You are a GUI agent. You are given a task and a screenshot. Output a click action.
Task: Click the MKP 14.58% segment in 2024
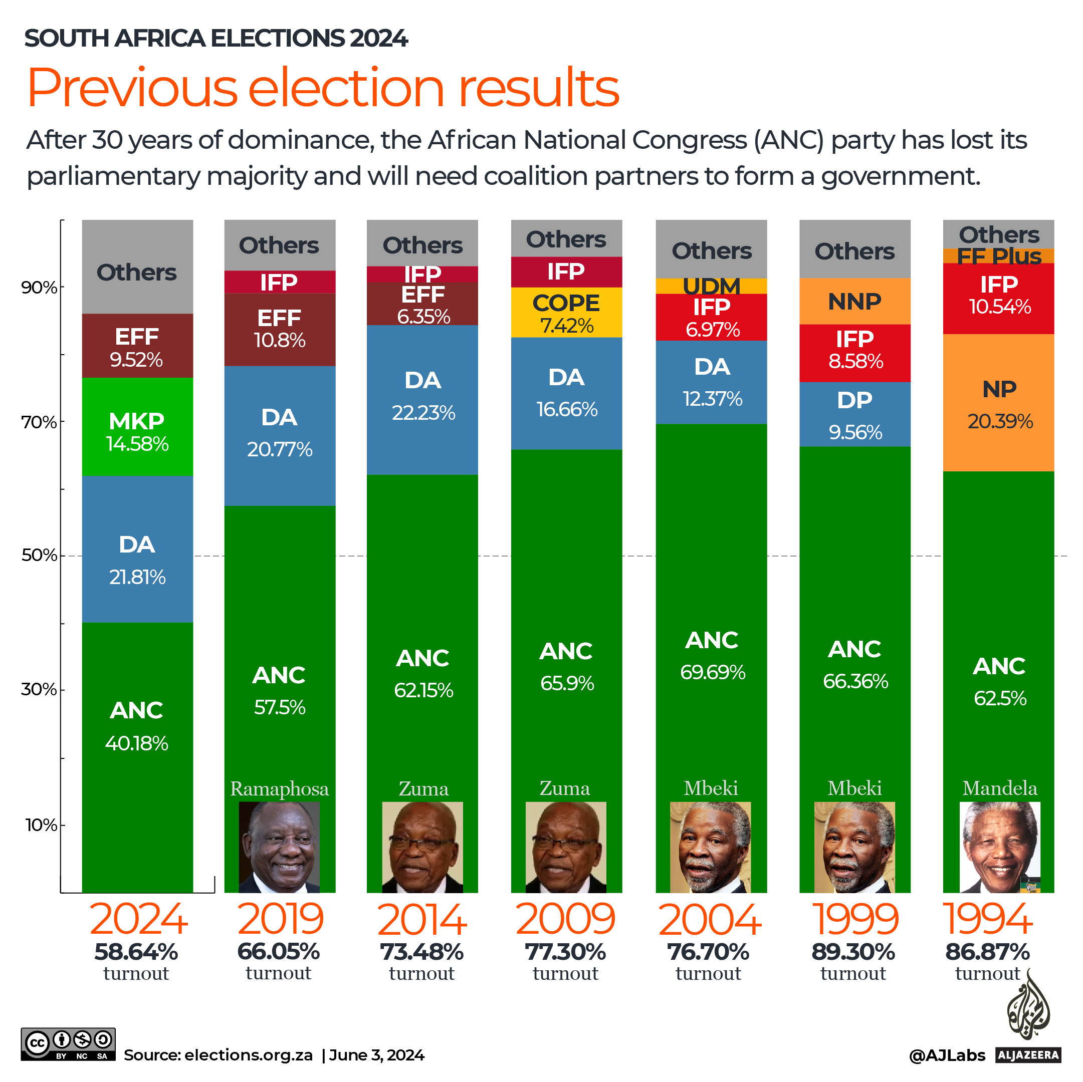coord(137,426)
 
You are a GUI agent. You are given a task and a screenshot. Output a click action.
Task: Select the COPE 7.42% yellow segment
coord(566,312)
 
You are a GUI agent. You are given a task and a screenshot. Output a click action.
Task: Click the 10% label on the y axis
coord(41,825)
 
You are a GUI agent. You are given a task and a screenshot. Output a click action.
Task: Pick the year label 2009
coord(565,920)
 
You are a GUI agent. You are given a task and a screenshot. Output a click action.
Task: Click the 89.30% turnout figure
coord(853,952)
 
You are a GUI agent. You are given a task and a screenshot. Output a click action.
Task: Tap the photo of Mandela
coord(999,847)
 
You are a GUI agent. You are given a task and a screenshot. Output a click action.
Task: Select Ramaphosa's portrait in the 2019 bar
coord(279,847)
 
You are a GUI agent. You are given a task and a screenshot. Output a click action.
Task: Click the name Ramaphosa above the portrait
coord(279,789)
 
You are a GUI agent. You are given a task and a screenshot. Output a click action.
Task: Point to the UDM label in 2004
coord(711,287)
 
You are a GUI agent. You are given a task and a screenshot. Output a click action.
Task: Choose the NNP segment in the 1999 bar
coord(855,302)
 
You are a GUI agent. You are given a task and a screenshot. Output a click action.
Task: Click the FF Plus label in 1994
coord(998,256)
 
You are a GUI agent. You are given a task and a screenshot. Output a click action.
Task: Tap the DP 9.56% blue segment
coord(855,414)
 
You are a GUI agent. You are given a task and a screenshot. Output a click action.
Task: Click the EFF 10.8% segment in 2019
coord(279,329)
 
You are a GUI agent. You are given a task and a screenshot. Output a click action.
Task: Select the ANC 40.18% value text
coord(137,743)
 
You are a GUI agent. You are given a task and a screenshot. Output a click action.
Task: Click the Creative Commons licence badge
coord(68,1044)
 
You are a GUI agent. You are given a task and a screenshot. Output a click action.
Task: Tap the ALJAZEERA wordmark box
coord(1028,1055)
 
